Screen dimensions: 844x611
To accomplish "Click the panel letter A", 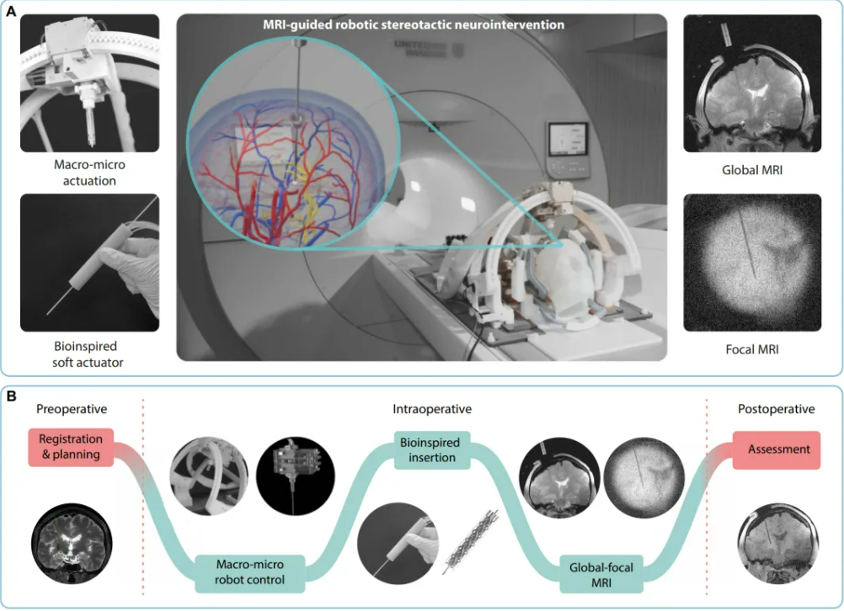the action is click(11, 11).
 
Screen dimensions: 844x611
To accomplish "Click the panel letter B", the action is click(11, 396).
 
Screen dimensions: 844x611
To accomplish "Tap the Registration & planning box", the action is click(71, 447).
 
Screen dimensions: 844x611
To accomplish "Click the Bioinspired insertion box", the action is click(432, 450).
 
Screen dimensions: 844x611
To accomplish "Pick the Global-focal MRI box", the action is click(601, 575).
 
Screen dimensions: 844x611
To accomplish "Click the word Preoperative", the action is click(72, 409).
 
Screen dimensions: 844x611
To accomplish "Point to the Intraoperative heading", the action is click(432, 409).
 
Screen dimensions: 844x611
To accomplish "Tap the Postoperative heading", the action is click(776, 409).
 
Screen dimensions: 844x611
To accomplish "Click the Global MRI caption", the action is click(752, 171).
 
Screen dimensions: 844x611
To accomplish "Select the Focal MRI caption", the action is click(752, 349).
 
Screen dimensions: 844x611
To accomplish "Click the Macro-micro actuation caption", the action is click(89, 173).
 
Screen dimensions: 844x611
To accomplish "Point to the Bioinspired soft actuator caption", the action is click(88, 354).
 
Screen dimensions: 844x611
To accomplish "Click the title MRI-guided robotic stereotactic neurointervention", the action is click(414, 24).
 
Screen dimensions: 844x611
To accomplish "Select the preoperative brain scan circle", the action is click(72, 544).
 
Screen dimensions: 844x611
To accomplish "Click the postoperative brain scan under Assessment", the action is click(777, 544).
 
